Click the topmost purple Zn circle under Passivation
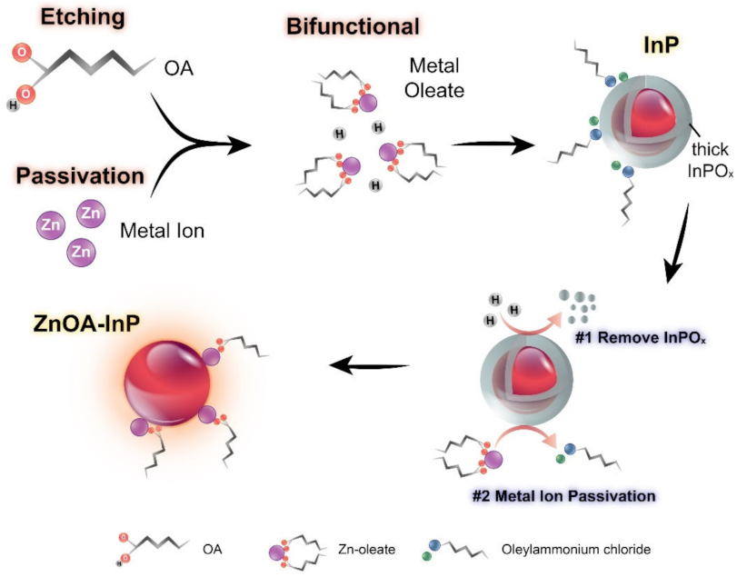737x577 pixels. (x=92, y=213)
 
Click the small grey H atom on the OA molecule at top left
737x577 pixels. (x=14, y=105)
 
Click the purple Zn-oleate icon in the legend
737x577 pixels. (x=284, y=550)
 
